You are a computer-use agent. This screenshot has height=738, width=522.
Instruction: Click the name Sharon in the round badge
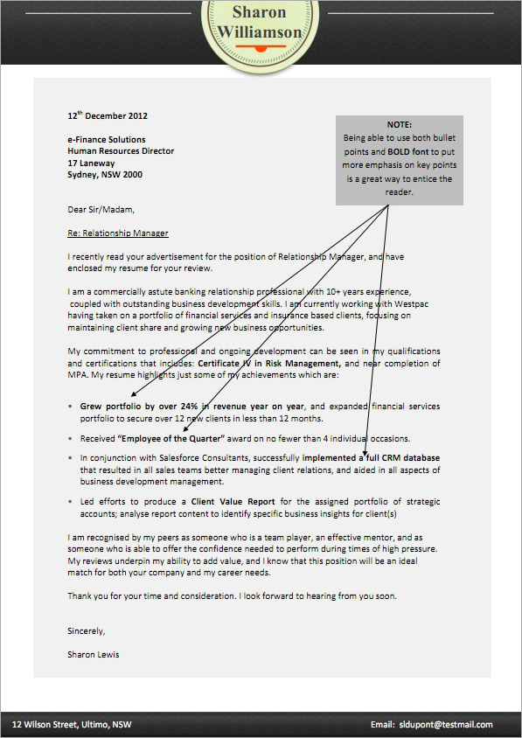tap(259, 12)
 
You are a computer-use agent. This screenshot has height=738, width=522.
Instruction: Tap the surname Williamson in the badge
tap(260, 32)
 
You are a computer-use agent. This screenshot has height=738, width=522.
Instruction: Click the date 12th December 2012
tap(108, 115)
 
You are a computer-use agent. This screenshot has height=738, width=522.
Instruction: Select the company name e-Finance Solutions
tap(107, 140)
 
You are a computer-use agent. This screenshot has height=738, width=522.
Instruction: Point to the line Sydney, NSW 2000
tap(105, 175)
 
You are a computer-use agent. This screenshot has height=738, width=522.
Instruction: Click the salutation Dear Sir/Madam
tap(101, 210)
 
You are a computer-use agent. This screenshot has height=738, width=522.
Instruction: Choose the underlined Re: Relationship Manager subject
tap(118, 233)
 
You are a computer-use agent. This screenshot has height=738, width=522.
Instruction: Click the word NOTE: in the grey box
tap(399, 125)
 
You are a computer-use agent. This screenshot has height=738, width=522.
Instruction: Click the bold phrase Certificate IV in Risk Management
tap(269, 363)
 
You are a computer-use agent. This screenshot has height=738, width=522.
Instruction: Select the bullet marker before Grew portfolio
tap(70, 407)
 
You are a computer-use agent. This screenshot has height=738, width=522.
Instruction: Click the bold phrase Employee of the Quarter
tap(171, 439)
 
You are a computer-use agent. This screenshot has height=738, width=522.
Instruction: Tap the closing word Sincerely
tap(87, 631)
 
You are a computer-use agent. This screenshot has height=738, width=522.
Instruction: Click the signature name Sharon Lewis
tap(94, 654)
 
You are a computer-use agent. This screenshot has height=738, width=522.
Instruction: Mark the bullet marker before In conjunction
tap(70, 458)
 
